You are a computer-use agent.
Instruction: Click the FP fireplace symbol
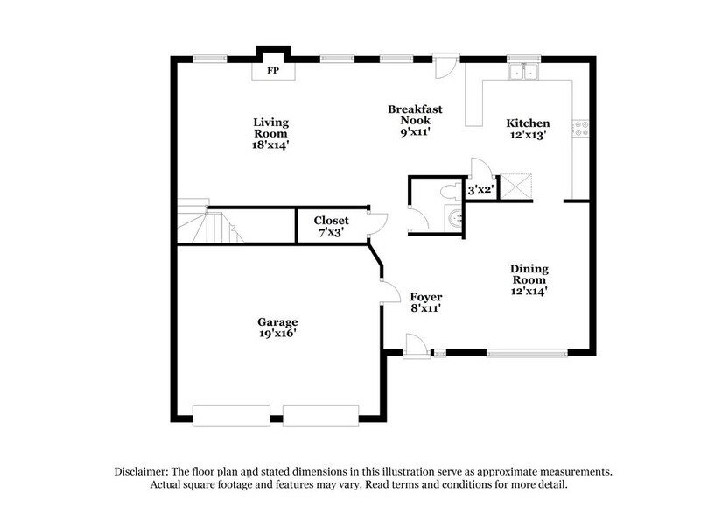[272, 70]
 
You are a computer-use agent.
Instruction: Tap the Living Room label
[271, 133]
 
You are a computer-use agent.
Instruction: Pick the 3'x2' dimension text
[481, 189]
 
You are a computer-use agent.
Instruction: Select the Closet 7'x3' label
[332, 228]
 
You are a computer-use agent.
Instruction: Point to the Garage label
[277, 328]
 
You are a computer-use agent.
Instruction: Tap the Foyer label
[426, 302]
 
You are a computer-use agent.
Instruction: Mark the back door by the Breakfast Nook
[445, 64]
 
